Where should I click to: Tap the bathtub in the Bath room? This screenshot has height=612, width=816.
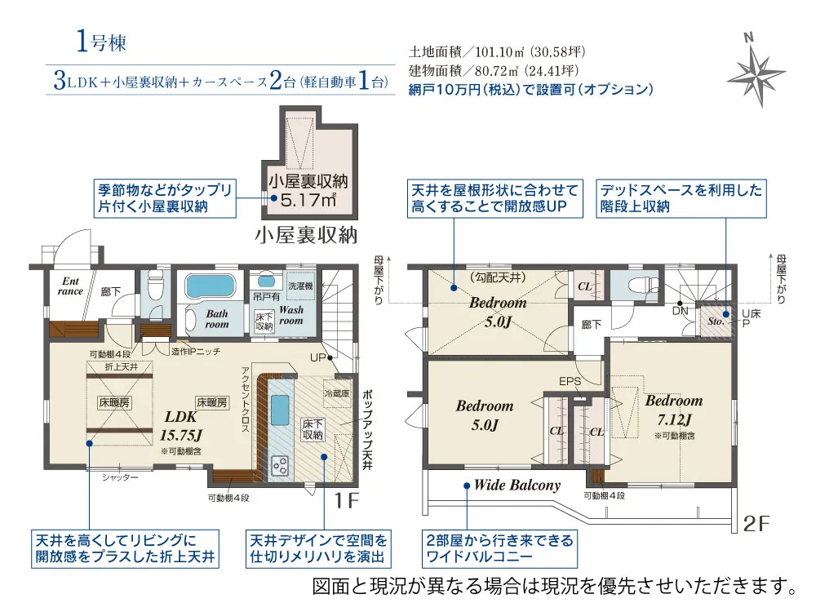tap(210, 286)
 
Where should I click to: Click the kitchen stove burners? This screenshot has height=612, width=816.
tap(279, 465)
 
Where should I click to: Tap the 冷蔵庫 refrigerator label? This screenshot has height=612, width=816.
tap(337, 393)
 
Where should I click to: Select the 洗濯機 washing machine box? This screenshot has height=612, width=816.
tap(301, 286)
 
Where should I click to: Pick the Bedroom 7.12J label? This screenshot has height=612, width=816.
tap(674, 410)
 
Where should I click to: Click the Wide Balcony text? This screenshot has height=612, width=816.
tap(517, 485)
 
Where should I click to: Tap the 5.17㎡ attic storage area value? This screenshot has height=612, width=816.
tap(308, 200)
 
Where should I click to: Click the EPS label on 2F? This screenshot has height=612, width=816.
tap(570, 381)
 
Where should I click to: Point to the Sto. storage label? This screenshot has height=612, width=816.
tap(716, 321)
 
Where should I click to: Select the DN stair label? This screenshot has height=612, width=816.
tap(681, 311)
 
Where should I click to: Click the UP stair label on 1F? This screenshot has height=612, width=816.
tap(317, 357)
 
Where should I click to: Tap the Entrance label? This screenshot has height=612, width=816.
tap(70, 286)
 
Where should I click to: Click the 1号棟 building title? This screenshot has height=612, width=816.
tap(101, 42)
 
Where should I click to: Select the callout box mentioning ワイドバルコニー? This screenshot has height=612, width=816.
tap(499, 548)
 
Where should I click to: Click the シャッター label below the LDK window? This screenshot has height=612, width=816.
tap(120, 477)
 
